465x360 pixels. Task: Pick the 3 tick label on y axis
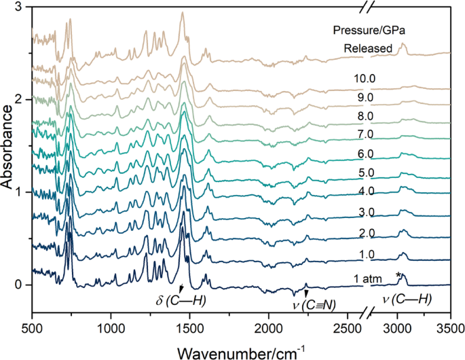(20, 7)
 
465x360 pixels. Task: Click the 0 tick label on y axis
(20, 285)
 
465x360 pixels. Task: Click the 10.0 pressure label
(364, 78)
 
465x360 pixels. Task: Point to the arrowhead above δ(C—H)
(181, 289)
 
